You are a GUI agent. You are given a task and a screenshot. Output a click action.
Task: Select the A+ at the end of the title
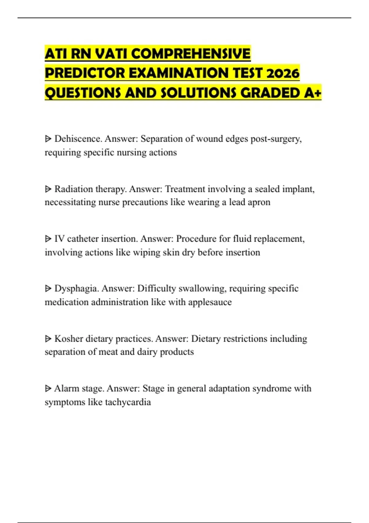click(313, 93)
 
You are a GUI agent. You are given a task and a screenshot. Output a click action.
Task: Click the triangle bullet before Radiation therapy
click(48, 189)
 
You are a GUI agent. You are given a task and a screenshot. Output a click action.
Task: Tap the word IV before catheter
click(59, 239)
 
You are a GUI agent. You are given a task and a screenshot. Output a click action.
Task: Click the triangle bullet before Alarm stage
click(48, 389)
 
